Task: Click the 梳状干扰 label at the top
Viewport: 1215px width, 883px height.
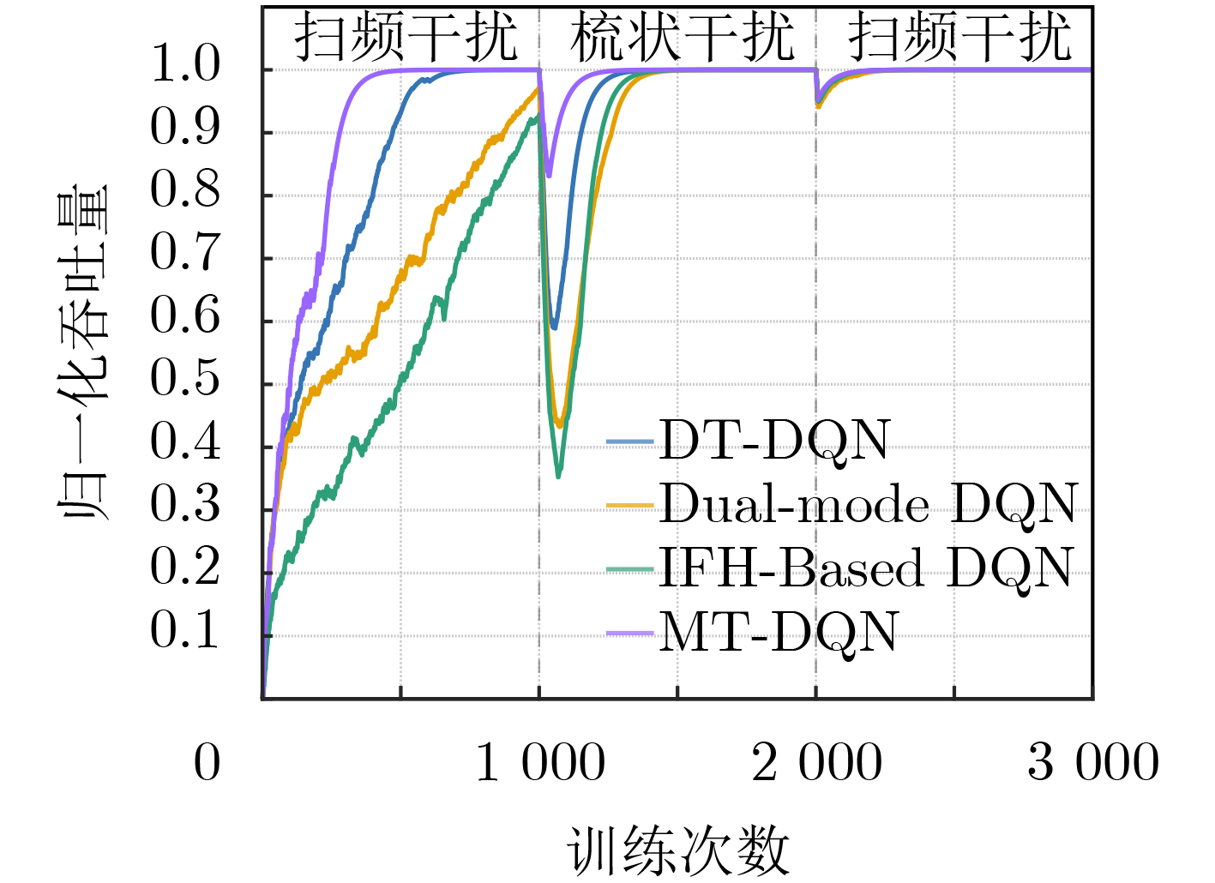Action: click(682, 38)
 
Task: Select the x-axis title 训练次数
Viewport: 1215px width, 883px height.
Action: click(677, 851)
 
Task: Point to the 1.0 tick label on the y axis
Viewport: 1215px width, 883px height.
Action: click(185, 64)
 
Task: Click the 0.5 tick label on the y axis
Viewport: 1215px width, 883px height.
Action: click(185, 379)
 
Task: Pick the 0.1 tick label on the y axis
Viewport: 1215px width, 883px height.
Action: click(185, 631)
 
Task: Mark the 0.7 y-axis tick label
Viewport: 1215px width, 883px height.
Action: click(185, 253)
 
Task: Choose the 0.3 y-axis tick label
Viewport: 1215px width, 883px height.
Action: click(185, 505)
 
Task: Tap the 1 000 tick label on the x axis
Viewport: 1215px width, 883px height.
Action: click(540, 762)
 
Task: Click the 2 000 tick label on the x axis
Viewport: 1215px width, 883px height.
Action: click(817, 762)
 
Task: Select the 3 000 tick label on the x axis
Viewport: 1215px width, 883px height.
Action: click(1093, 762)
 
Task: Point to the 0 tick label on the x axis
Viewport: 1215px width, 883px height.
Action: click(208, 762)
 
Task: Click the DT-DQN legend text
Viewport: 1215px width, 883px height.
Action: click(775, 441)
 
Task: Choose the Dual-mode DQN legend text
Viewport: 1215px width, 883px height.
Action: click(868, 504)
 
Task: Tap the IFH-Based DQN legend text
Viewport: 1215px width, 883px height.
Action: click(866, 568)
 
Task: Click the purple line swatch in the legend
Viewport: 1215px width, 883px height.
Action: click(630, 634)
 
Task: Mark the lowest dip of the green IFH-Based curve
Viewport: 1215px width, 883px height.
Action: click(559, 476)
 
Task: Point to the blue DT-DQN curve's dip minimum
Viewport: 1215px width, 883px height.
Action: click(555, 327)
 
